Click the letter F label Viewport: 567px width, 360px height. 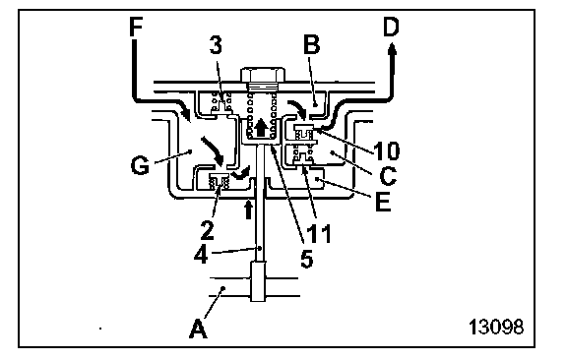tap(136, 28)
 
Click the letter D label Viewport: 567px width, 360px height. tap(391, 28)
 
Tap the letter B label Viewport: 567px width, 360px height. tap(312, 45)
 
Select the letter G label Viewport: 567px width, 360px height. tap(140, 166)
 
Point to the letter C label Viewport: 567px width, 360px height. tap(388, 175)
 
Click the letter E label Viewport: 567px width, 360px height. tap(383, 202)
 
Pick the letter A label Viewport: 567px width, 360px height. tap(198, 329)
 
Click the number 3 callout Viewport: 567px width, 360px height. tap(216, 46)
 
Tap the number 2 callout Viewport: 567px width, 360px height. tap(208, 230)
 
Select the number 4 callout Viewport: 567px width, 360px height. tap(201, 255)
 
